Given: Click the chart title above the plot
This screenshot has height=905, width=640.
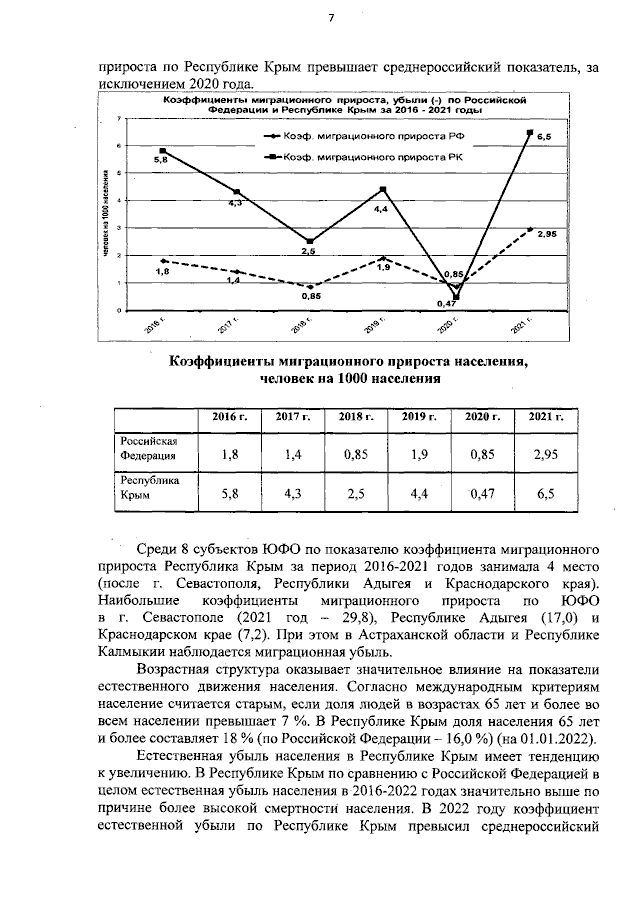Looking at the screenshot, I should (x=329, y=105).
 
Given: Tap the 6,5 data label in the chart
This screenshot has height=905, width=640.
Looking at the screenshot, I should (x=544, y=136).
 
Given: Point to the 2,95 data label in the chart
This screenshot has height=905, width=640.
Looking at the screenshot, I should (x=546, y=234).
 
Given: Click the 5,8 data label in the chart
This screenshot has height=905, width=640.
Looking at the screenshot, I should (x=161, y=160).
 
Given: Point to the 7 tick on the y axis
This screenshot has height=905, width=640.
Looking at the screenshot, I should (x=120, y=119).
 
